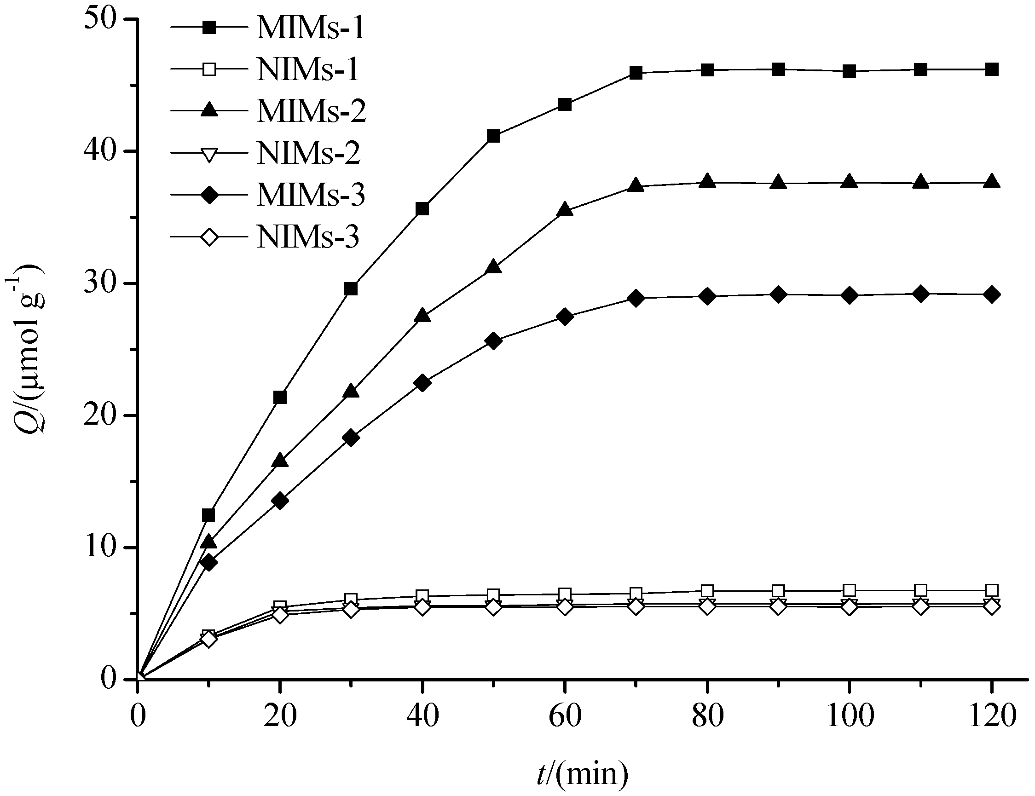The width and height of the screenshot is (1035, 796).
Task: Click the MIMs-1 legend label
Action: coord(310,29)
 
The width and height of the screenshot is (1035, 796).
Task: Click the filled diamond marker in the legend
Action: coord(208,195)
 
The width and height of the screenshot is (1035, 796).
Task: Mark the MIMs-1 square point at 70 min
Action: coord(636,73)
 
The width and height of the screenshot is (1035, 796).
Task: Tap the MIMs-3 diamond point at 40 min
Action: coord(422,383)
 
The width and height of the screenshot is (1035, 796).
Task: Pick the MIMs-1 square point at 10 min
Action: coord(208,515)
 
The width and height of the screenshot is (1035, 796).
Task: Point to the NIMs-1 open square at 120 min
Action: coord(991,590)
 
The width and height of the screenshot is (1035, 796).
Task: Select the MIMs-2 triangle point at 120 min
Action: coord(991,182)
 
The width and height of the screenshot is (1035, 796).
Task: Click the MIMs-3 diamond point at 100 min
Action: coord(849,296)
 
